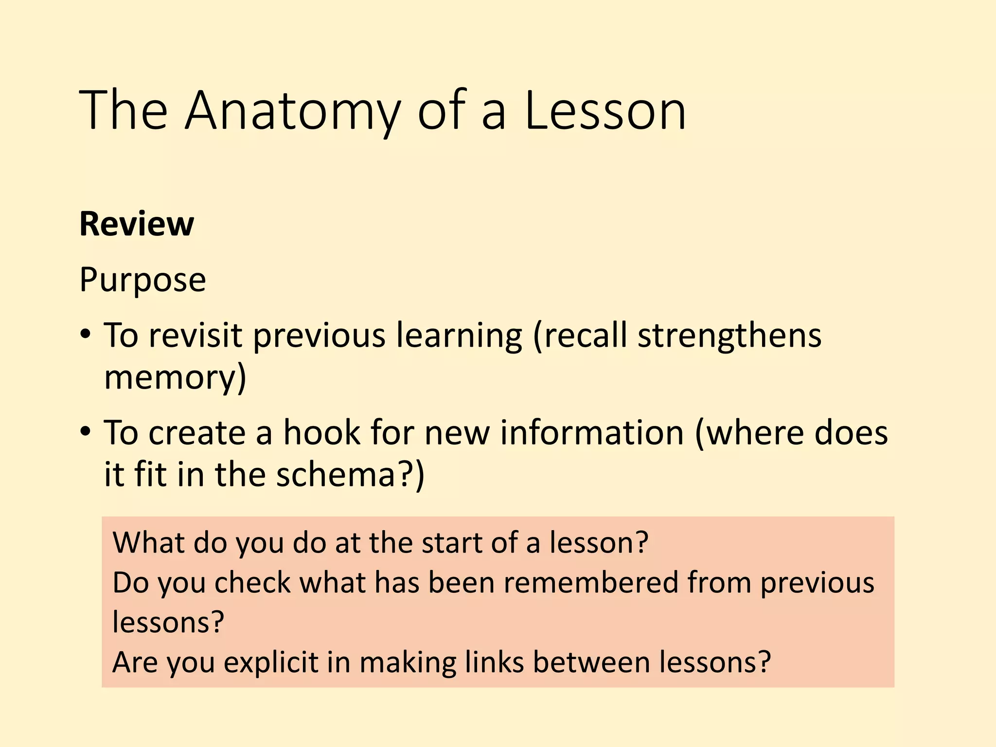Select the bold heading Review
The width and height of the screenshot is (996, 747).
137,224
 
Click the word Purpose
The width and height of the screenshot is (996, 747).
142,280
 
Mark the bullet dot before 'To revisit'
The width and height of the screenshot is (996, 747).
86,335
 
